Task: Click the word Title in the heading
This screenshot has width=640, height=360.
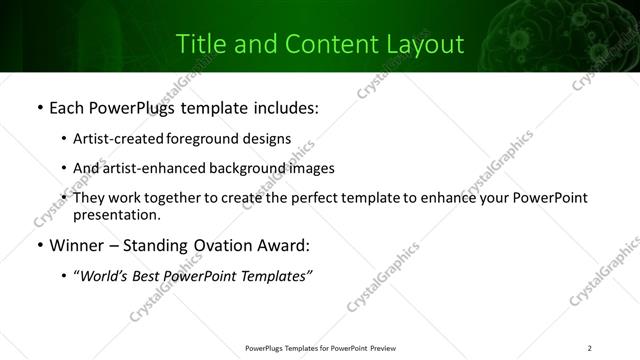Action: (x=200, y=44)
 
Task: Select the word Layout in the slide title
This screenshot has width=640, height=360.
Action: (x=426, y=45)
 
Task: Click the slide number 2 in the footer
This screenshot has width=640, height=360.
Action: (x=590, y=347)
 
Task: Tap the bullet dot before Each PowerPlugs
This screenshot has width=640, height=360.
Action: (x=38, y=106)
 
